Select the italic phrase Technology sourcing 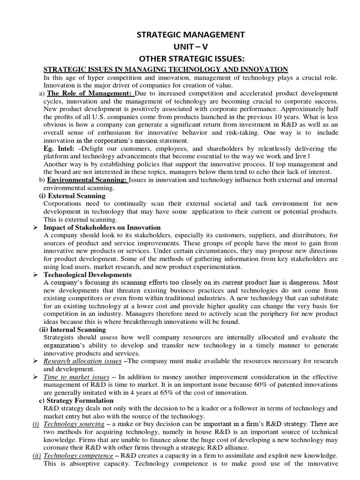pos(73,424)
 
